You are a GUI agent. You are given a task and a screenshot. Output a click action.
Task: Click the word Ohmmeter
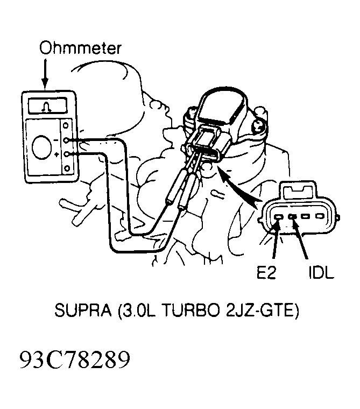click(x=80, y=48)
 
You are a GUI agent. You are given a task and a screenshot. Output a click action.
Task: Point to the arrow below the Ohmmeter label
click(x=45, y=74)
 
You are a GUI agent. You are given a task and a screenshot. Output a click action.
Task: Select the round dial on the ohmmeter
click(x=42, y=147)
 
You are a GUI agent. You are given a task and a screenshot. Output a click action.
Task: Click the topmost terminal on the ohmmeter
click(x=66, y=125)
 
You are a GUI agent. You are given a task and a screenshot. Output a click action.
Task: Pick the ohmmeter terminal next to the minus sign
click(x=66, y=140)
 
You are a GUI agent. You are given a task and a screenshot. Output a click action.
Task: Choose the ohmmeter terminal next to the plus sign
click(x=66, y=154)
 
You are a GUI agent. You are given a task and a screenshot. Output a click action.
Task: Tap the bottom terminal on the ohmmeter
click(x=67, y=168)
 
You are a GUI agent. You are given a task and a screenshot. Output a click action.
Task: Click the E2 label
click(x=266, y=273)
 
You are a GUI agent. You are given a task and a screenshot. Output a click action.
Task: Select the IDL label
click(x=321, y=273)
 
